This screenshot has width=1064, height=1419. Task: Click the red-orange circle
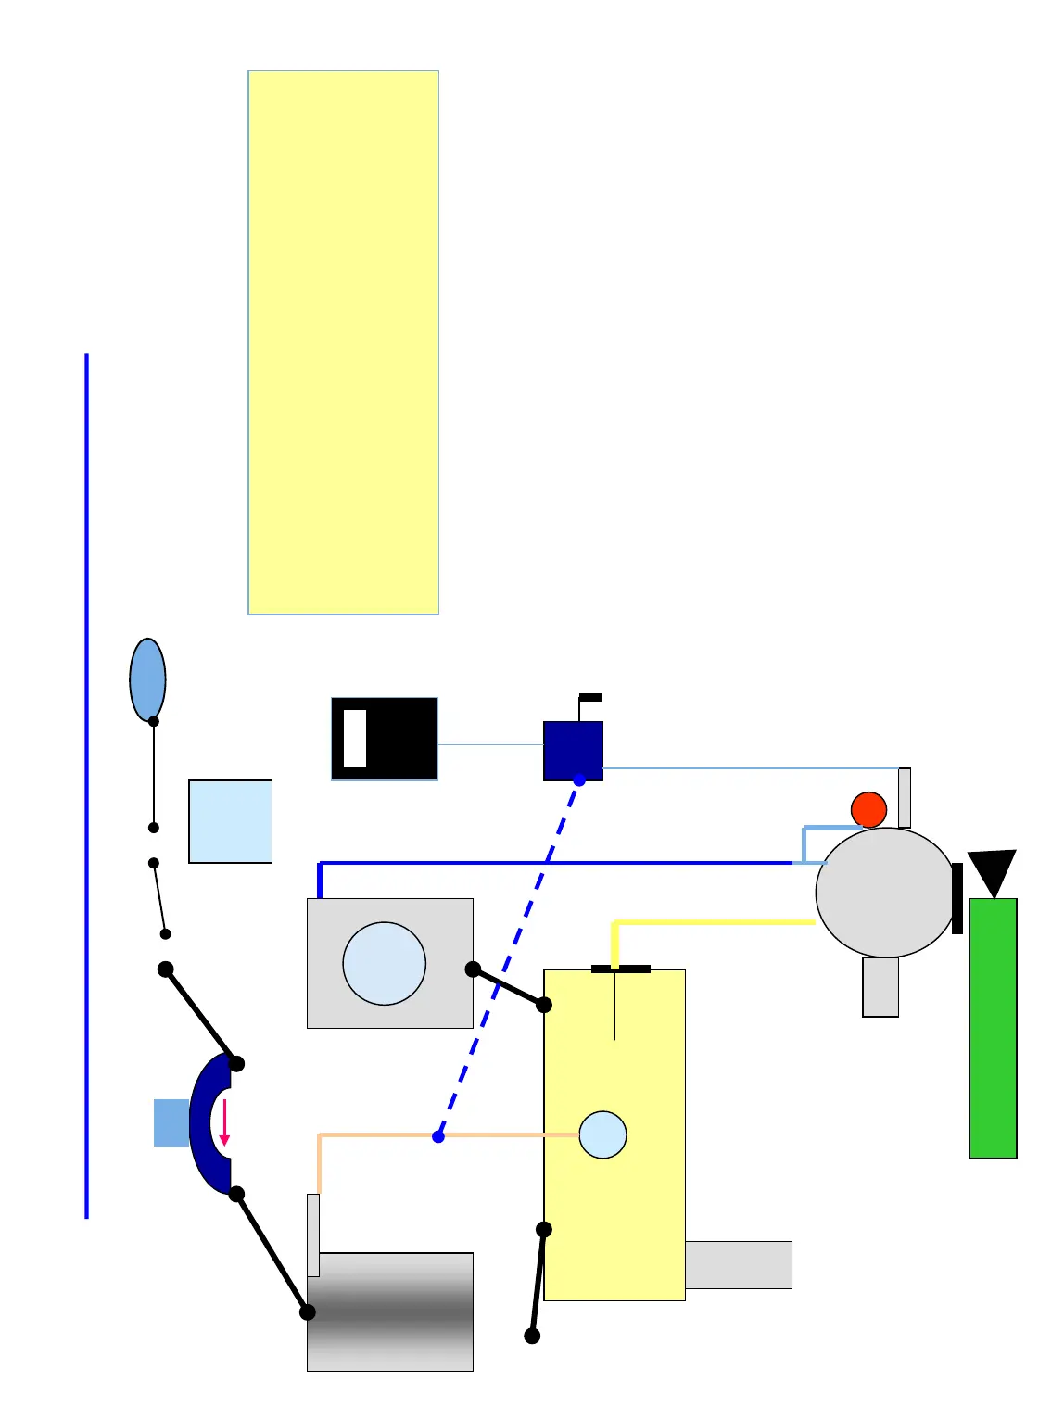point(868,809)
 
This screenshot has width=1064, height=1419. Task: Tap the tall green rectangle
point(993,1028)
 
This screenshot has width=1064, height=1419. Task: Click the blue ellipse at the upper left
point(147,678)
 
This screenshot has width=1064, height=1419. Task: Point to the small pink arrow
point(224,1122)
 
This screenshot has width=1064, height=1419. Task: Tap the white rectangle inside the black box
point(355,739)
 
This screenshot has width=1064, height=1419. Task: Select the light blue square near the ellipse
point(230,821)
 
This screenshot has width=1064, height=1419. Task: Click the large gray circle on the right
point(885,892)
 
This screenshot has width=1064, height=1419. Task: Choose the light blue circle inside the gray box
point(384,963)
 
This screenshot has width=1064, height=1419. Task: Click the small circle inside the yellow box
point(602,1134)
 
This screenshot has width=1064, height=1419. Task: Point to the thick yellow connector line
point(714,922)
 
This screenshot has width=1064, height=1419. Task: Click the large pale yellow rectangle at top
point(343,342)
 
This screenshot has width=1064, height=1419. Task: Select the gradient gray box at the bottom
point(390,1311)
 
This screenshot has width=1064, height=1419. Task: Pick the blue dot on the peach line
point(438,1136)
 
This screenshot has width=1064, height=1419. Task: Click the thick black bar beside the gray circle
point(957,898)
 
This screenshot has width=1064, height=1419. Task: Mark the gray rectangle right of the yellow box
point(738,1264)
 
